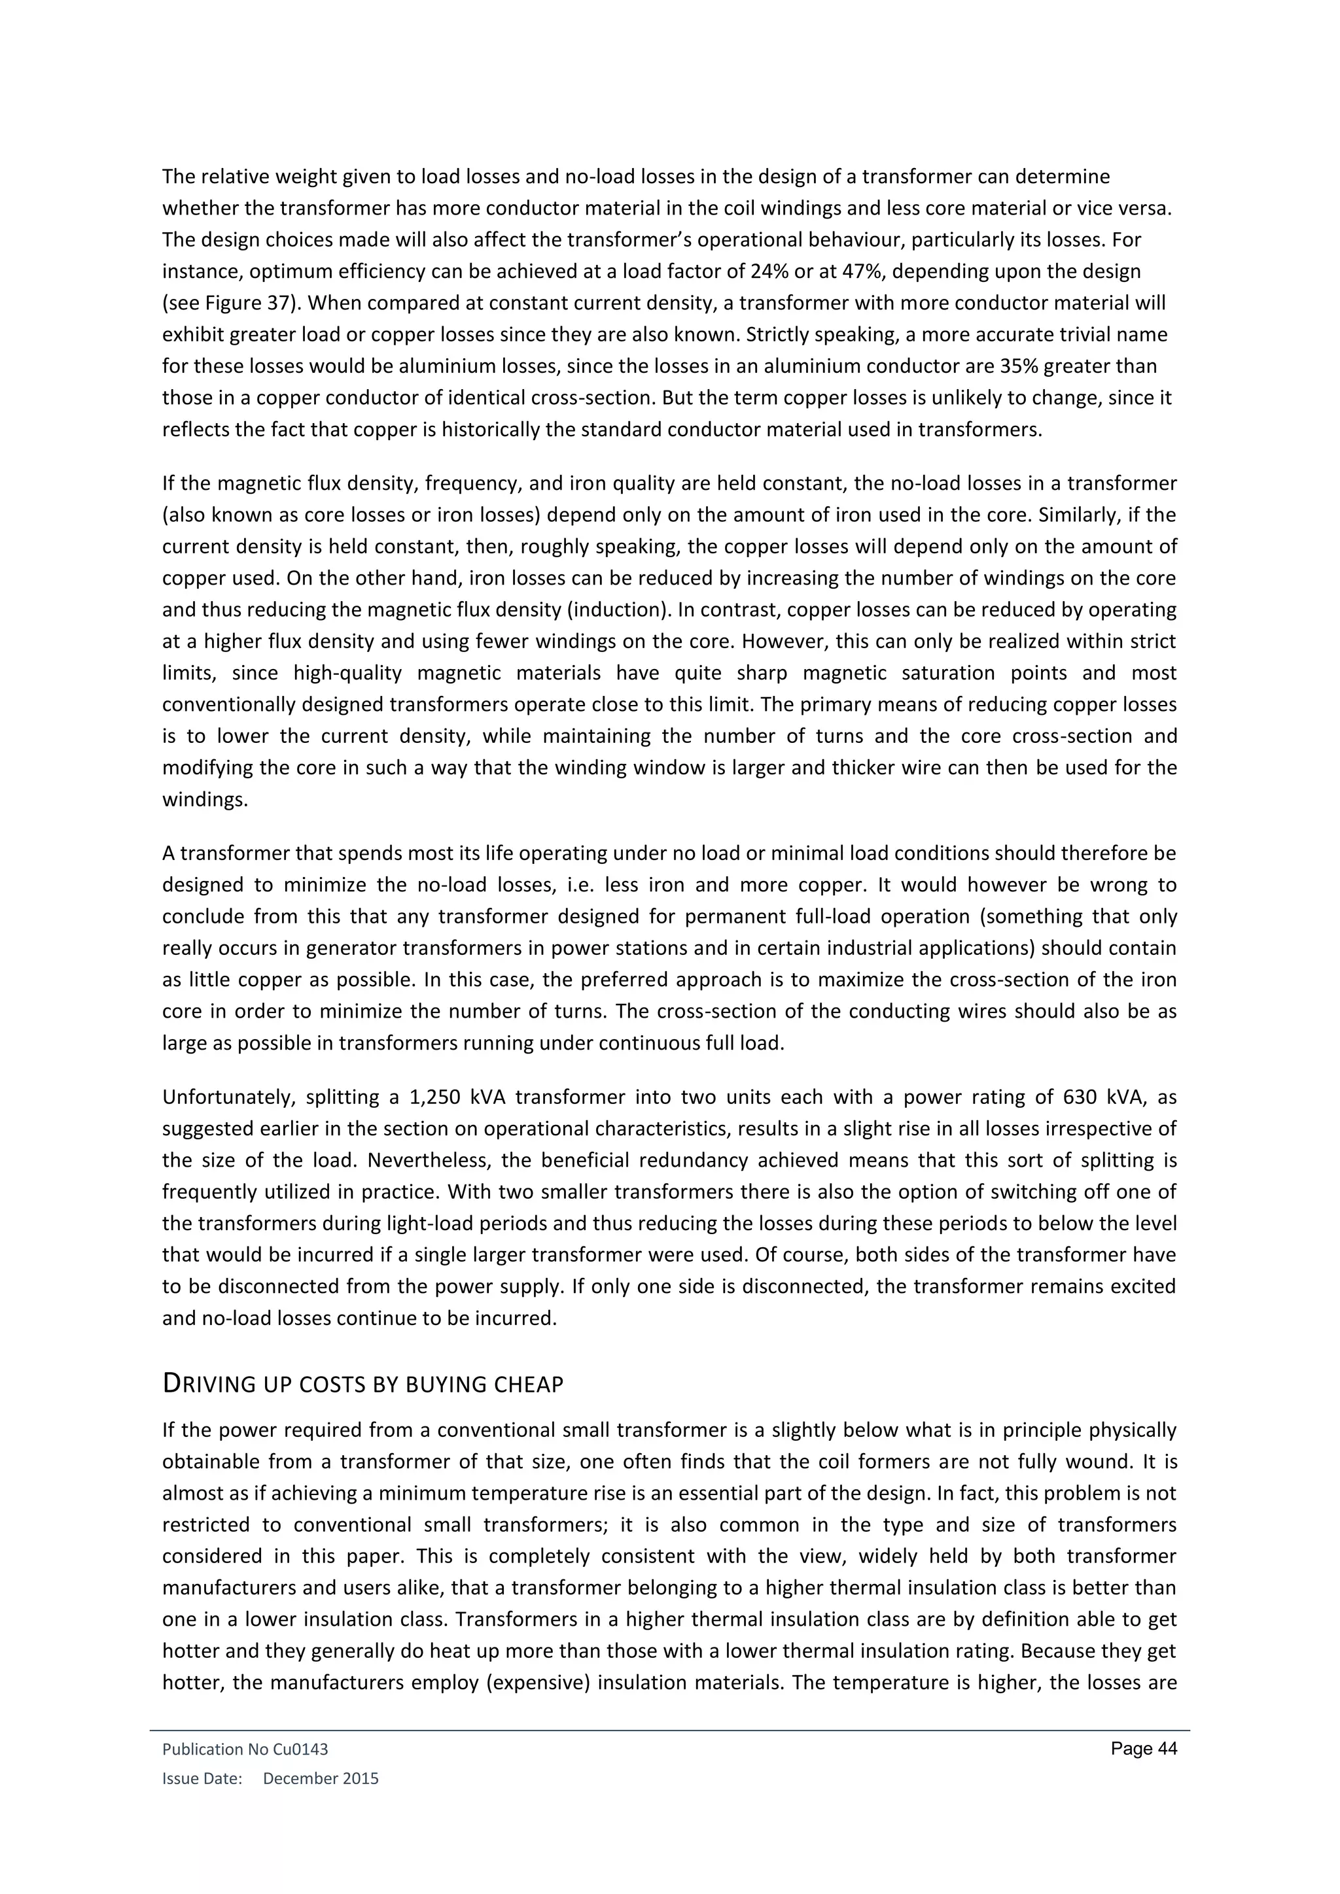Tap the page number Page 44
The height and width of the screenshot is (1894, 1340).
pyautogui.click(x=1144, y=1749)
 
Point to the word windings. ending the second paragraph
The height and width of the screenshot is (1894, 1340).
pyautogui.click(x=205, y=800)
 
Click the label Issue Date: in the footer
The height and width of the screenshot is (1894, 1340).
pyautogui.click(x=202, y=1778)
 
